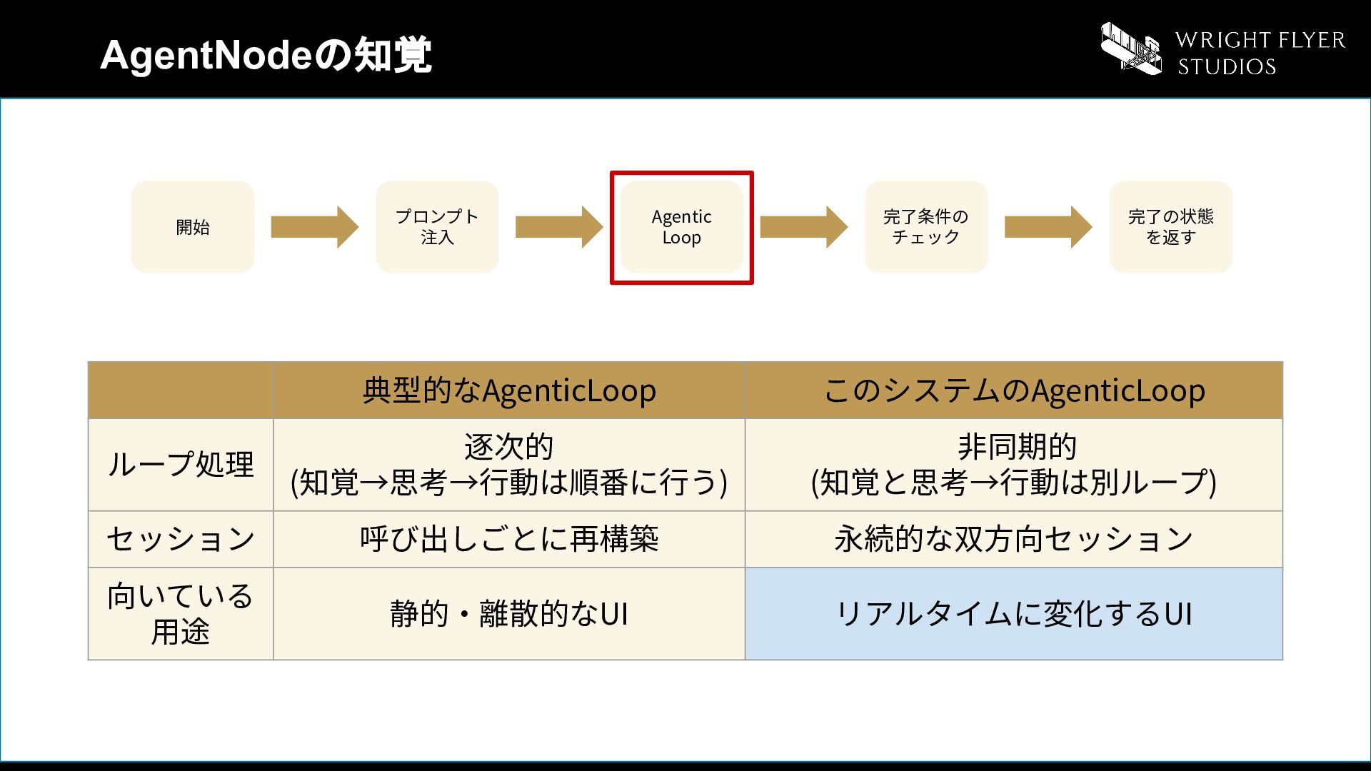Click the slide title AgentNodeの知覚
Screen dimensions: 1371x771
[266, 55]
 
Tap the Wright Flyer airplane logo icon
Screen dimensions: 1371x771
[1130, 49]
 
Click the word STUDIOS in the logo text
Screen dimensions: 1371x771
[1227, 66]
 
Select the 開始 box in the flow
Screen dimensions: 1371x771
[193, 227]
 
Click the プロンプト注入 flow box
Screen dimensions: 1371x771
[437, 227]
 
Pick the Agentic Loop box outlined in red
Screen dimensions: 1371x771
[682, 227]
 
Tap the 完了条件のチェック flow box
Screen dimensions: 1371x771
[926, 227]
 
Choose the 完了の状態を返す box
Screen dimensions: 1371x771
[1170, 227]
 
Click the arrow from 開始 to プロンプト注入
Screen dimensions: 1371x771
[315, 227]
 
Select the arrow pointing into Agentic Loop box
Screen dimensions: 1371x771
[559, 227]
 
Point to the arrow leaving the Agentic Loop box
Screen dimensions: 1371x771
[804, 227]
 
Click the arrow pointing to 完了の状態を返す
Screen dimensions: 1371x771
[1048, 227]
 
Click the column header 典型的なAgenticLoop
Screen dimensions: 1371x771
[509, 390]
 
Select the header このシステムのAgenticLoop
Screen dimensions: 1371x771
[1014, 390]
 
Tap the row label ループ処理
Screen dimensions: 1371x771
[181, 465]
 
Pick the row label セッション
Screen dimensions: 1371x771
[181, 539]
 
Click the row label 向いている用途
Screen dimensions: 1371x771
[181, 614]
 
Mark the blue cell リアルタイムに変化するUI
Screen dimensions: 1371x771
[1014, 614]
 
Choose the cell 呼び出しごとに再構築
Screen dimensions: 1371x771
[509, 539]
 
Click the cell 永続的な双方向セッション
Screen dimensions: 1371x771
[1014, 539]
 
